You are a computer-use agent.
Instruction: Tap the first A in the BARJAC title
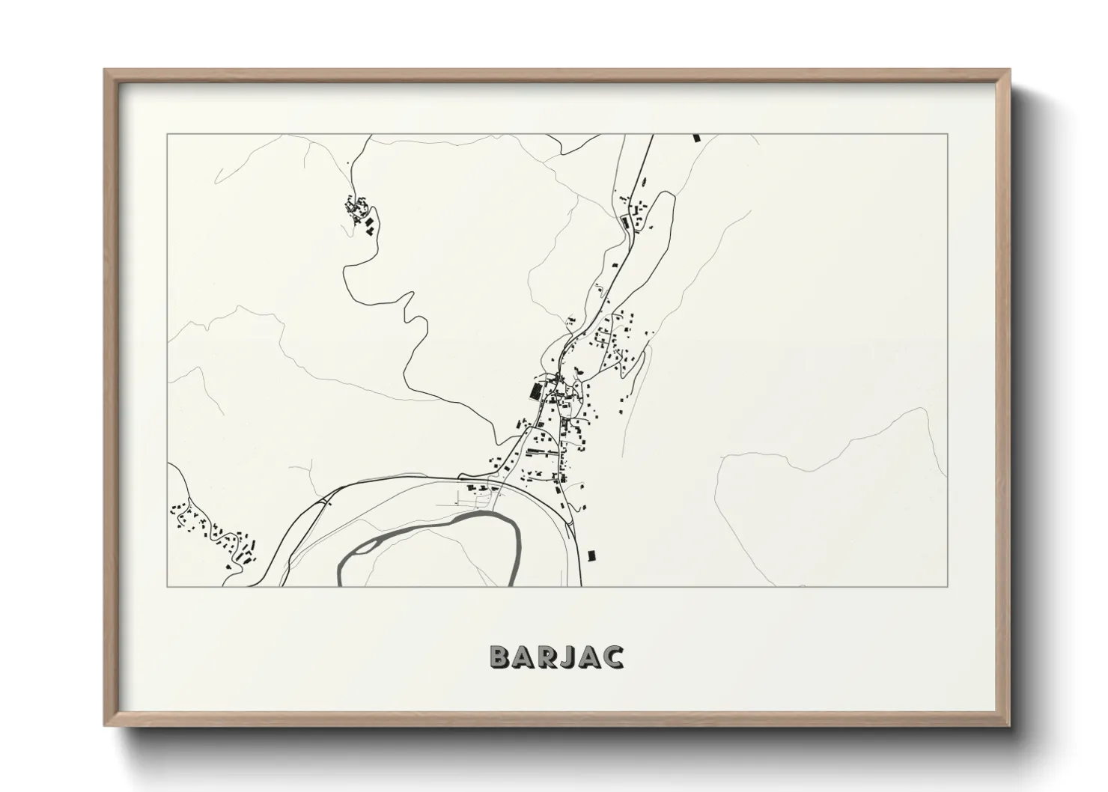tap(522, 657)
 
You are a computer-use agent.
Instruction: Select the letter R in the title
tap(545, 657)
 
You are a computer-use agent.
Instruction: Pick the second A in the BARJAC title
tap(588, 657)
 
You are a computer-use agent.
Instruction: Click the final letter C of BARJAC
tap(612, 657)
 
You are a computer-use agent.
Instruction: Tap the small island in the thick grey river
tap(362, 547)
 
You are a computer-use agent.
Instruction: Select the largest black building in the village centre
tap(535, 391)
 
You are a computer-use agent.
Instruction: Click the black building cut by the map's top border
tap(696, 138)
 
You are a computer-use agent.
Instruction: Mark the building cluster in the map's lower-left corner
tap(213, 531)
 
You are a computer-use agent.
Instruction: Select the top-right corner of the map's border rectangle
tap(948, 135)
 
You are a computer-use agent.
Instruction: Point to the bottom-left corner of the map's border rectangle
tap(168, 586)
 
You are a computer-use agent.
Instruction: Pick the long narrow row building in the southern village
tap(543, 452)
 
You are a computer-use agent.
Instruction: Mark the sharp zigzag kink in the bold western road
tap(411, 307)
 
